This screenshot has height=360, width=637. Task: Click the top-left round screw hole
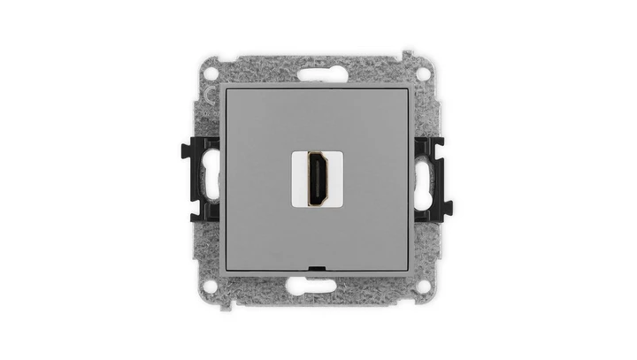[212, 73]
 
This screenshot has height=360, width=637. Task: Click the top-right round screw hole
[424, 73]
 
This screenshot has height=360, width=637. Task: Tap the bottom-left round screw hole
[212, 286]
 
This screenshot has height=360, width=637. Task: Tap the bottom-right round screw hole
[424, 286]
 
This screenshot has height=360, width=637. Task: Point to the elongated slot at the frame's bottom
[318, 285]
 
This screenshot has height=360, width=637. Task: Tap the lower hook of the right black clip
[447, 210]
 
